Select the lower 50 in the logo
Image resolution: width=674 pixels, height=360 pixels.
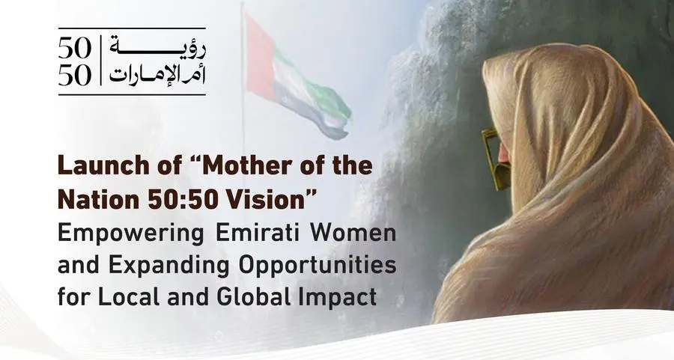[x=75, y=74]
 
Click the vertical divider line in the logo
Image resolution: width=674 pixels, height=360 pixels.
[x=98, y=60]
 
